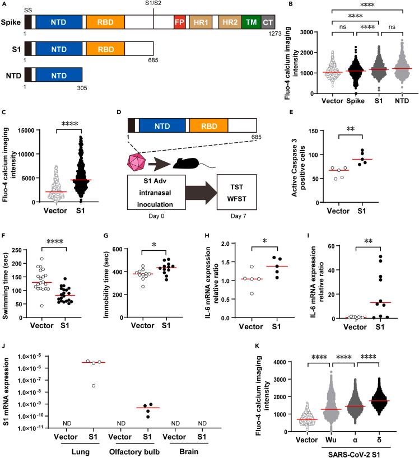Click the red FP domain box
click(179, 22)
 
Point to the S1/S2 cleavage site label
click(153, 5)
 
